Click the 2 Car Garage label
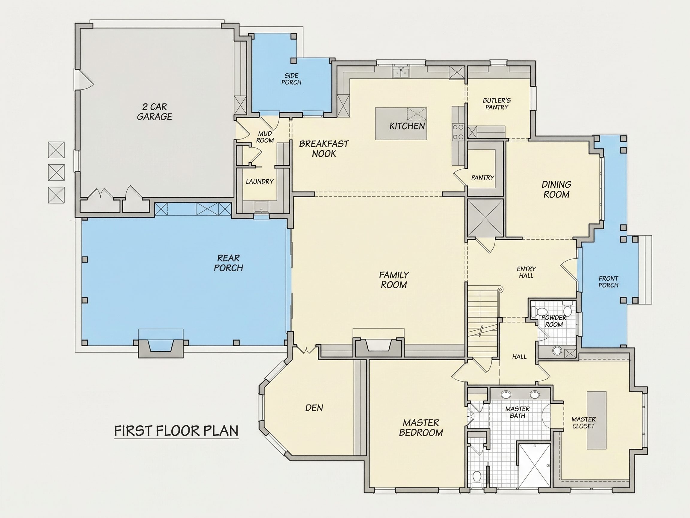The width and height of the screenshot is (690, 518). click(155, 112)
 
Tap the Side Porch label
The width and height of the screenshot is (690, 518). click(291, 79)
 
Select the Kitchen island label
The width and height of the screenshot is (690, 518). click(407, 126)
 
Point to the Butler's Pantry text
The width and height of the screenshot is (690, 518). click(497, 104)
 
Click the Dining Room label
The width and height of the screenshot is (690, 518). click(556, 189)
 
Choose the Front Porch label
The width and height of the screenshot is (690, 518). click(608, 282)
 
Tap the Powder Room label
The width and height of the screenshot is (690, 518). click(554, 321)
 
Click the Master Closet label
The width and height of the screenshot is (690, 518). click(583, 422)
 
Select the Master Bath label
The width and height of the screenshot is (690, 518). click(517, 412)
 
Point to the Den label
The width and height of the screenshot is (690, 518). click(314, 408)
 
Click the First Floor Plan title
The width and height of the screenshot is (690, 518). click(176, 430)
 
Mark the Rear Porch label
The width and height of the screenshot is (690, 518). click(228, 263)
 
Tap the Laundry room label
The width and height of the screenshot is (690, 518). click(260, 181)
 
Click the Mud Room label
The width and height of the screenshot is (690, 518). click(265, 137)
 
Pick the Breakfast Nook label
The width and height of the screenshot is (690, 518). click(324, 149)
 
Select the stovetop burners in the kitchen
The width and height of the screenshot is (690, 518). click(458, 132)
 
